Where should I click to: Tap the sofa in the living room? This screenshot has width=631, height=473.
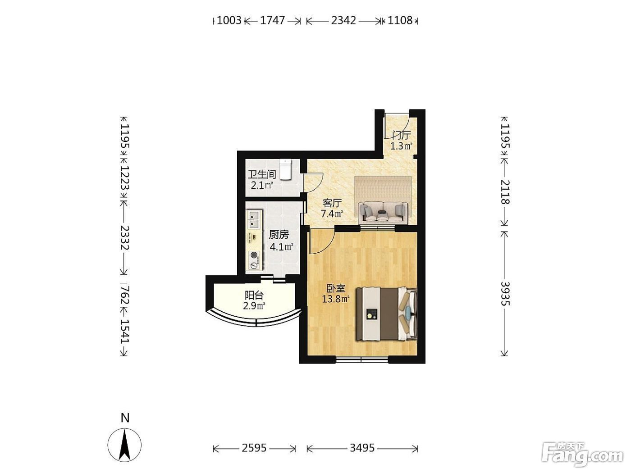point(383,212)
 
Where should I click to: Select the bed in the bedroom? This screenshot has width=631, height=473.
point(386,314)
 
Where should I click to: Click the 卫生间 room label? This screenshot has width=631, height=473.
point(262,174)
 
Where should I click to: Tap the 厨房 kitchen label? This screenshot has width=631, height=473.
point(279,235)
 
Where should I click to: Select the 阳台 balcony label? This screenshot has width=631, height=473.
point(254,295)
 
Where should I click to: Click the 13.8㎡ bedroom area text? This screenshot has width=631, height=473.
point(335,299)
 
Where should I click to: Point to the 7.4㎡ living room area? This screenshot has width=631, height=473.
point(332,214)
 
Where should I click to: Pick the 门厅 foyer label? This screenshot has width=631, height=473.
point(402,135)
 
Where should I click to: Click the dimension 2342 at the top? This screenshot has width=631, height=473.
point(343,20)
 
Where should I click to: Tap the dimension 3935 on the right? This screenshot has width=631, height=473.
point(505,293)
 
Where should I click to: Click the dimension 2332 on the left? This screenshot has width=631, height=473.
point(125,238)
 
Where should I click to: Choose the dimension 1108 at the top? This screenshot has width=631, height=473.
point(400,20)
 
